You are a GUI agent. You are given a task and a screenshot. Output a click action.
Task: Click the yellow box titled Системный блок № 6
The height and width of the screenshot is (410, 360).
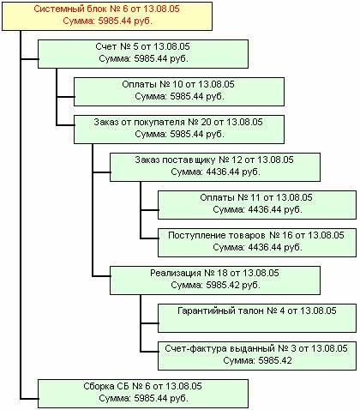(x=107, y=16)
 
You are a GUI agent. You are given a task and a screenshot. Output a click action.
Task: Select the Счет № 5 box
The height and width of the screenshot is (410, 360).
(x=143, y=54)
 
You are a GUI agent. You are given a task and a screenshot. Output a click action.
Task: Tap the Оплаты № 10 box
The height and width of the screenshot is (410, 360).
(x=179, y=92)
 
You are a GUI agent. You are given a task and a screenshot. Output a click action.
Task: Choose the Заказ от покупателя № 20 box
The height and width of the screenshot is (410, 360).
(x=179, y=130)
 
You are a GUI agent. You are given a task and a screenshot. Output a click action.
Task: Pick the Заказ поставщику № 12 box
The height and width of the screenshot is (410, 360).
(x=215, y=167)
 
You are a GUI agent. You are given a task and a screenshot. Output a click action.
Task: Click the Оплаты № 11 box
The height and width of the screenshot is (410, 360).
(x=257, y=205)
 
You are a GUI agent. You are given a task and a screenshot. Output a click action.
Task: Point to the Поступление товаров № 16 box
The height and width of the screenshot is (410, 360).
(x=257, y=243)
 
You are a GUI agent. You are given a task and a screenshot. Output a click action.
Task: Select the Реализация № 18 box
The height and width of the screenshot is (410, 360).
(x=215, y=280)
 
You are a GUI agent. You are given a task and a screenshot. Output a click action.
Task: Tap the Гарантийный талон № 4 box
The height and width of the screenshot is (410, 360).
(x=257, y=318)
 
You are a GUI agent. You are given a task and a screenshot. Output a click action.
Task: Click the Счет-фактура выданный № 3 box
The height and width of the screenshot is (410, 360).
(x=257, y=356)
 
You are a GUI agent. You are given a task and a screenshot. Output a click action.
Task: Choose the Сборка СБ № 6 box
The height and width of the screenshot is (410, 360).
(x=143, y=394)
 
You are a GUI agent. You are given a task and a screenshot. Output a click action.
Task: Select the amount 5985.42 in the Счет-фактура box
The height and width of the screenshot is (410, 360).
(x=275, y=360)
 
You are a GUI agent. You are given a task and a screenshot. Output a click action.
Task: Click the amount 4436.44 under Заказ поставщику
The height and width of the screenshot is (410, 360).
(x=223, y=172)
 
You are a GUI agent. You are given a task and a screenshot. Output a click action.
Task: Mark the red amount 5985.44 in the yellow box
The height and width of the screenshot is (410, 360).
(x=115, y=21)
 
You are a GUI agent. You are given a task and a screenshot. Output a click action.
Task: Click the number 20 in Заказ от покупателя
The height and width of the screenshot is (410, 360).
(x=206, y=122)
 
